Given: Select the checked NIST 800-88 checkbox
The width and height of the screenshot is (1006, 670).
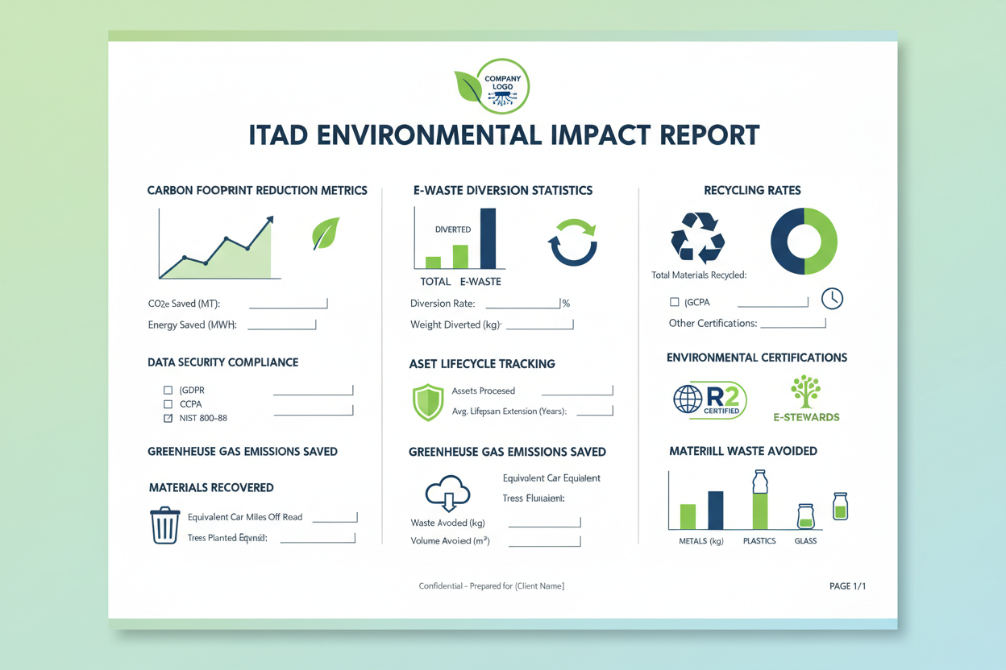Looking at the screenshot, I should click(x=168, y=419).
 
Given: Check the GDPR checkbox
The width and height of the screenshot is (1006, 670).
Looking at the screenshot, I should click(x=168, y=391).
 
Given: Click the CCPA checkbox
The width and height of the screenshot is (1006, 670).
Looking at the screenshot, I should click(x=168, y=404).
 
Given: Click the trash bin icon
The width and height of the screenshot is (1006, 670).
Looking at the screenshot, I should click(x=165, y=525).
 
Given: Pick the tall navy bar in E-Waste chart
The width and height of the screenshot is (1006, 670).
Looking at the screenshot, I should click(x=488, y=238).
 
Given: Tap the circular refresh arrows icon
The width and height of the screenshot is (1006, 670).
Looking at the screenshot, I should click(x=572, y=242).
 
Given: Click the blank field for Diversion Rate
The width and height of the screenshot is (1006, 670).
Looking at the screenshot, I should click(x=522, y=304).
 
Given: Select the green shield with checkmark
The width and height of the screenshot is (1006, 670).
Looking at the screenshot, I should click(x=427, y=402).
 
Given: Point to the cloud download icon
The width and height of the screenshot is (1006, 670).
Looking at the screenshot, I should click(x=447, y=493).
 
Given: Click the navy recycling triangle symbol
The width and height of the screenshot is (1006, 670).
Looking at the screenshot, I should click(x=697, y=238).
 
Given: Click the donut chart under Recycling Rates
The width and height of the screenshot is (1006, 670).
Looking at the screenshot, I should click(x=804, y=241).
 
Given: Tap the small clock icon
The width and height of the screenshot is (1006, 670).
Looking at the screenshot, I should click(x=832, y=299).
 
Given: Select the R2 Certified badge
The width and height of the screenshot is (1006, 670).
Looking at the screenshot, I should click(x=710, y=400).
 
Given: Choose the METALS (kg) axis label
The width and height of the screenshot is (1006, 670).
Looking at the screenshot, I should click(x=700, y=541).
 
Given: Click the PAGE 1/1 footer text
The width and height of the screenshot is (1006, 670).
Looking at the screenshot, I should click(x=847, y=586).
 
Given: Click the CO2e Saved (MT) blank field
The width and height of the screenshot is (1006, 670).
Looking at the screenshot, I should click(x=288, y=304).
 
